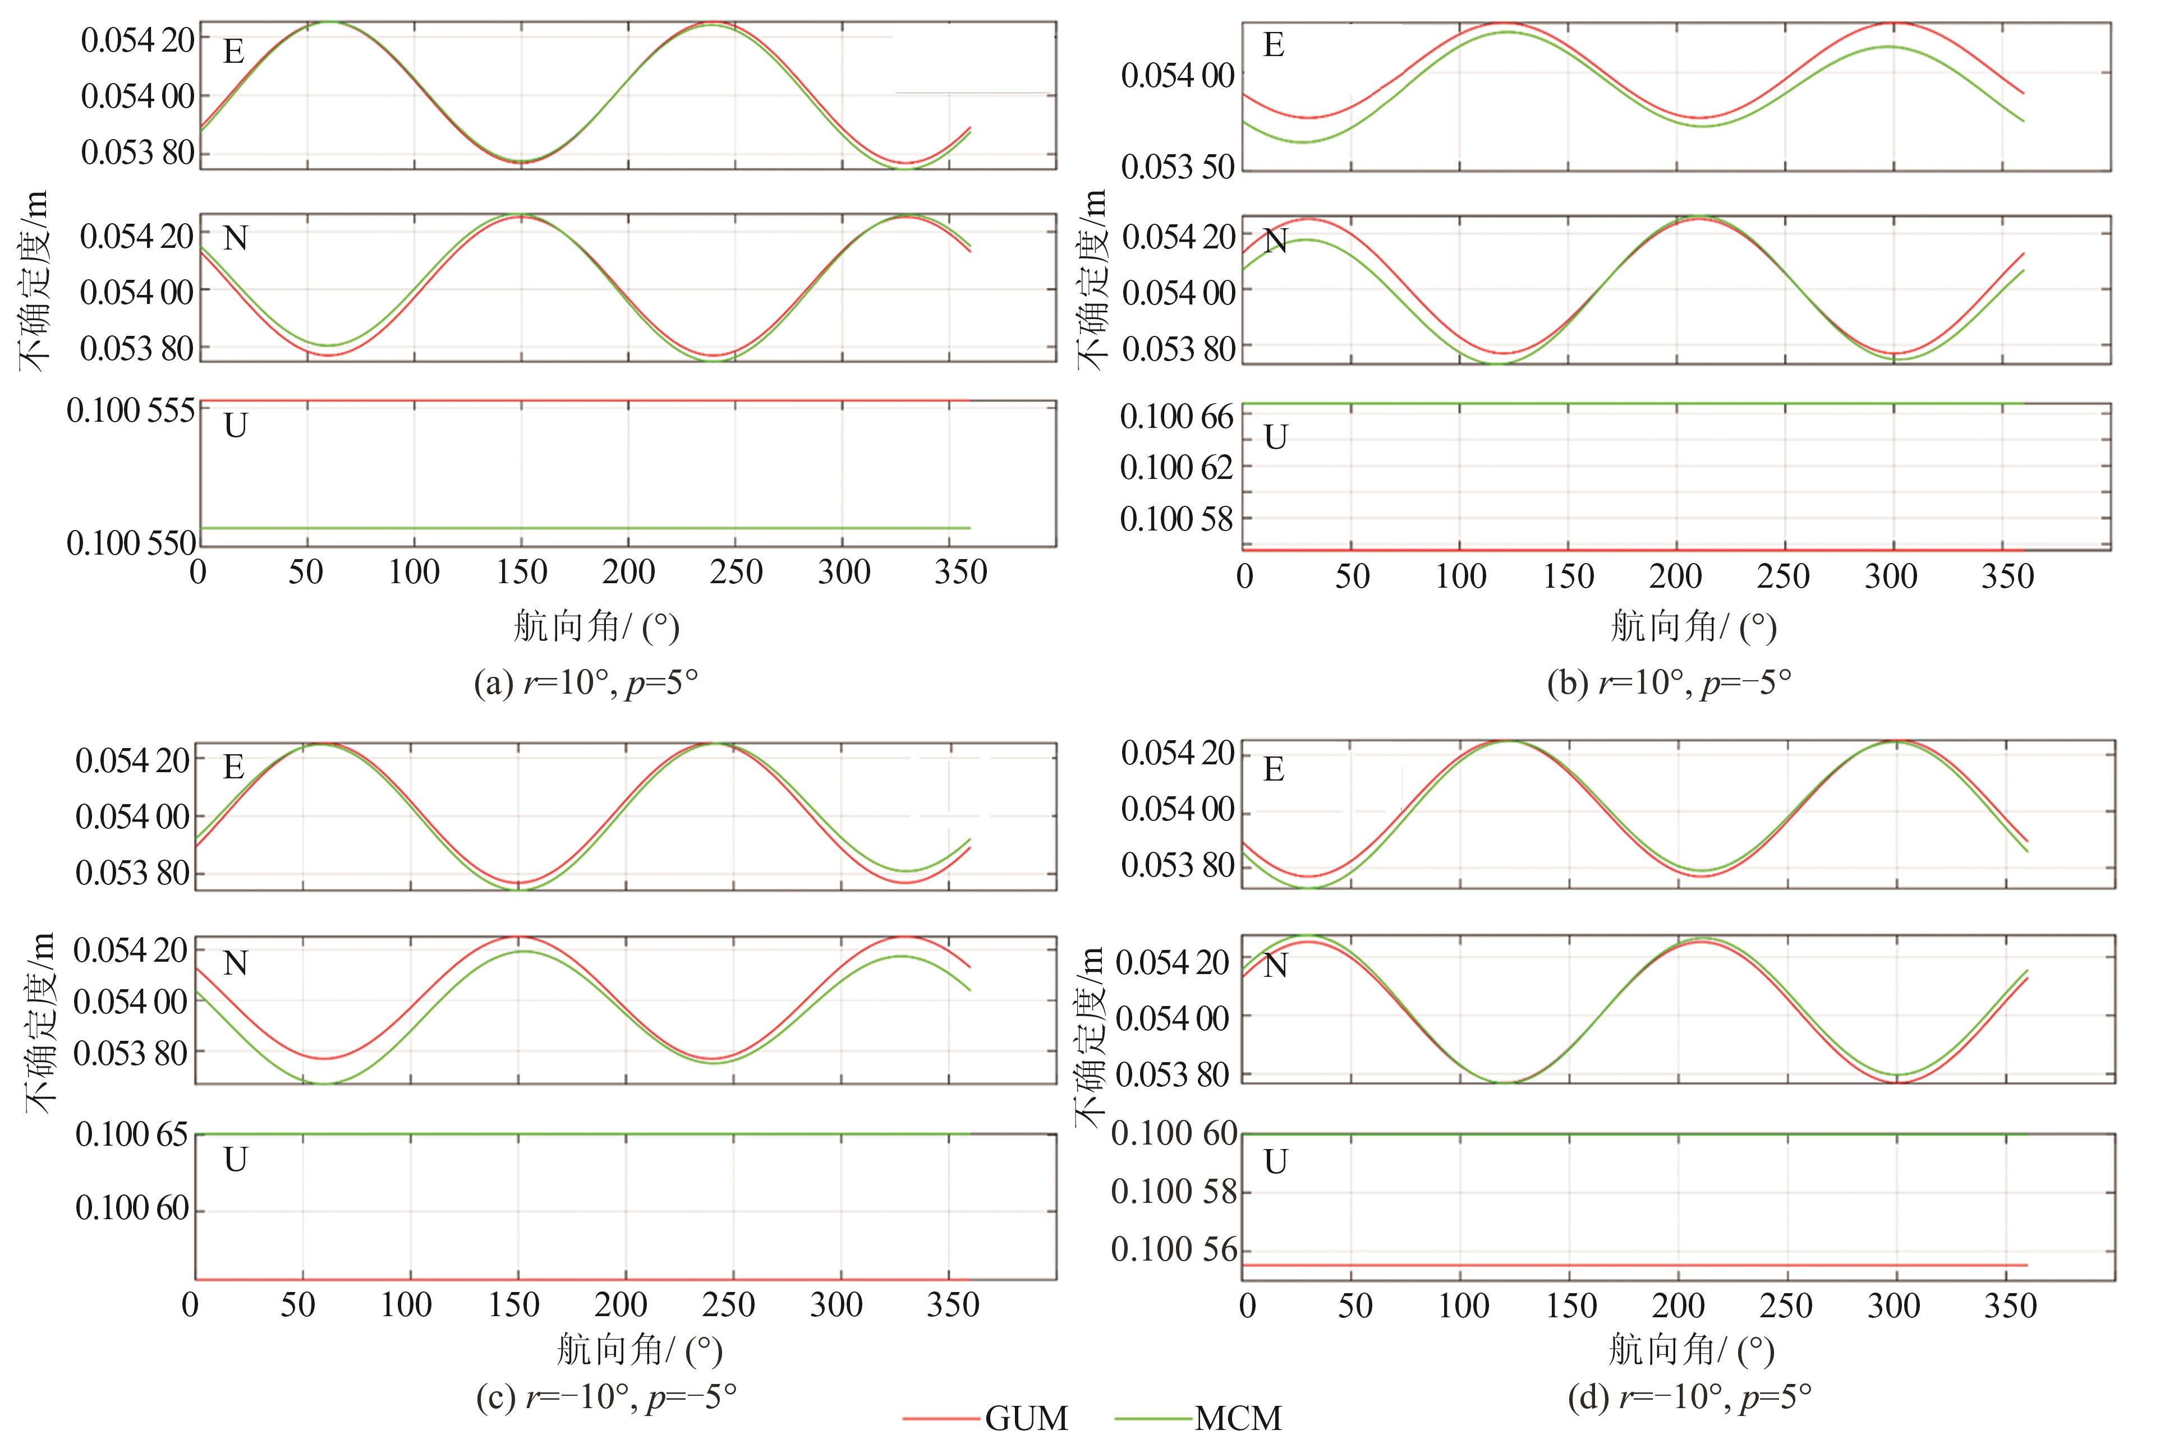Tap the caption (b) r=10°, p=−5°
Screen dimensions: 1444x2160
pyautogui.click(x=1669, y=682)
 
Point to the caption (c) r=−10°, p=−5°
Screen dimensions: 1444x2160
pyautogui.click(x=606, y=1397)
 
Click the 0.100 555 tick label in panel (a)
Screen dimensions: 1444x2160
pyautogui.click(x=131, y=410)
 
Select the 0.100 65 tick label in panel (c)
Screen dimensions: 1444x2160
pyautogui.click(x=132, y=1134)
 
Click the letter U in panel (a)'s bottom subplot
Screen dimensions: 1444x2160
pyautogui.click(x=236, y=426)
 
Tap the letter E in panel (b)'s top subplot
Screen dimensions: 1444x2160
pyautogui.click(x=1274, y=45)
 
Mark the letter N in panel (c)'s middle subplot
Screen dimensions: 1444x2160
pyautogui.click(x=236, y=963)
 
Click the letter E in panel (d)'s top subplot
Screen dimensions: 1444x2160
pyautogui.click(x=1274, y=769)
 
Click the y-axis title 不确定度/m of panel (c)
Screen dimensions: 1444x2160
pyautogui.click(x=39, y=1022)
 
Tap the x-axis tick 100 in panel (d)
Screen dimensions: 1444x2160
pyautogui.click(x=1464, y=1306)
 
